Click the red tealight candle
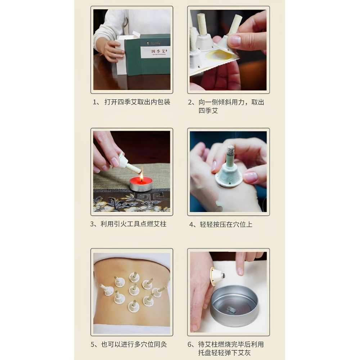[141, 184]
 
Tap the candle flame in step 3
[141, 175]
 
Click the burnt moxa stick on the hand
[230, 156]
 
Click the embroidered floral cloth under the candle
[131, 203]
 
